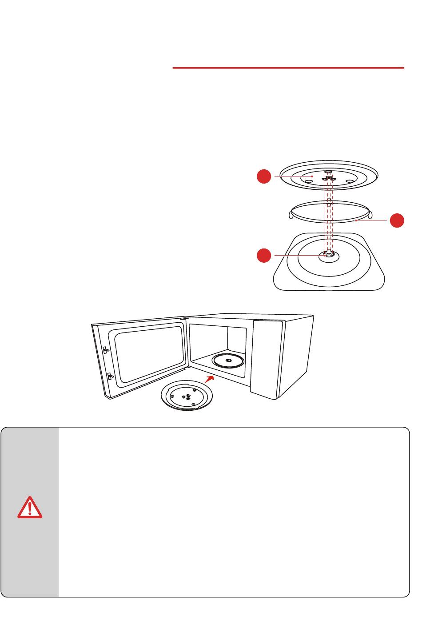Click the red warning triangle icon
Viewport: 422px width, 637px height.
[30, 508]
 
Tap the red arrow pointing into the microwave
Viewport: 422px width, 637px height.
[209, 378]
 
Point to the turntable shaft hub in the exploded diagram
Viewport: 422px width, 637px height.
[328, 254]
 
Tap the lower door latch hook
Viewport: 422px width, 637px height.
[110, 377]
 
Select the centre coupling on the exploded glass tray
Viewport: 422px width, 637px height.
[328, 177]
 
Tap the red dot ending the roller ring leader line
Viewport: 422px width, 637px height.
[356, 220]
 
